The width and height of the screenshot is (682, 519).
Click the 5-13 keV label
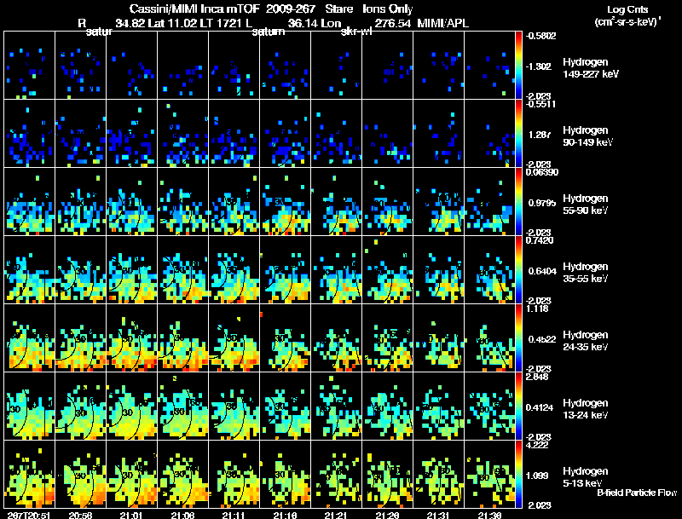coord(583,483)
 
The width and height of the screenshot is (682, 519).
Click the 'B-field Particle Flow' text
coord(636,493)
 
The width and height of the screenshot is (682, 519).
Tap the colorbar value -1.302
coord(540,66)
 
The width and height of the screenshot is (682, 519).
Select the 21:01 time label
coord(130,515)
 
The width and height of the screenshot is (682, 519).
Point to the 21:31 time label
coord(437,515)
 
